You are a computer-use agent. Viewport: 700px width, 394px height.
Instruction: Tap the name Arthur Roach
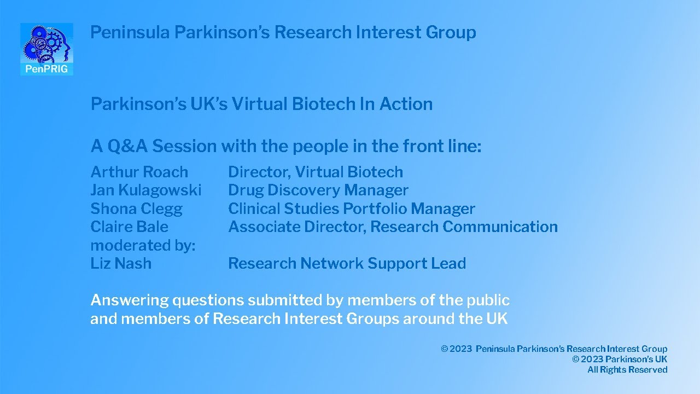click(139, 172)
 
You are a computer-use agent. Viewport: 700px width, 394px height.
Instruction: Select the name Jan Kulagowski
click(145, 190)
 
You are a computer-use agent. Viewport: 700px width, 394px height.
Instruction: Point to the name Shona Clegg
click(136, 208)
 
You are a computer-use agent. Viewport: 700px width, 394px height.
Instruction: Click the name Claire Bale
click(129, 227)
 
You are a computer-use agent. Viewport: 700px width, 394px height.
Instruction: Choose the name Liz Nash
click(120, 263)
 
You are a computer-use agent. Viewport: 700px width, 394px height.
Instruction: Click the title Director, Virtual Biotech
click(315, 172)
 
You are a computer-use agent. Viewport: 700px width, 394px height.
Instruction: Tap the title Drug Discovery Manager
click(318, 190)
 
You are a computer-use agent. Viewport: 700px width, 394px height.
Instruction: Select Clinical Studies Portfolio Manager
click(351, 208)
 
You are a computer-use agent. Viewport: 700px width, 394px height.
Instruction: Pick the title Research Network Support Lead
click(347, 263)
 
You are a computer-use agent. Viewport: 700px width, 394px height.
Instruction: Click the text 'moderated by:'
click(142, 245)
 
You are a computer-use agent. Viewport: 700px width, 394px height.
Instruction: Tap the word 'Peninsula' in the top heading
click(130, 32)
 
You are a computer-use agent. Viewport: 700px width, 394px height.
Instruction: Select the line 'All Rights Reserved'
click(627, 370)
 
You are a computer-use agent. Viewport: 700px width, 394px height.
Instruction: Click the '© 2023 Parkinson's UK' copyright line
click(620, 360)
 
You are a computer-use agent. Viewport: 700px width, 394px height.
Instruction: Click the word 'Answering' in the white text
click(129, 300)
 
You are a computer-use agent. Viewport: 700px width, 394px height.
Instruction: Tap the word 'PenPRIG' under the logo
click(46, 69)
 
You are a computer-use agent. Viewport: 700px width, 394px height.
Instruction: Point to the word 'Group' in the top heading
click(453, 32)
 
